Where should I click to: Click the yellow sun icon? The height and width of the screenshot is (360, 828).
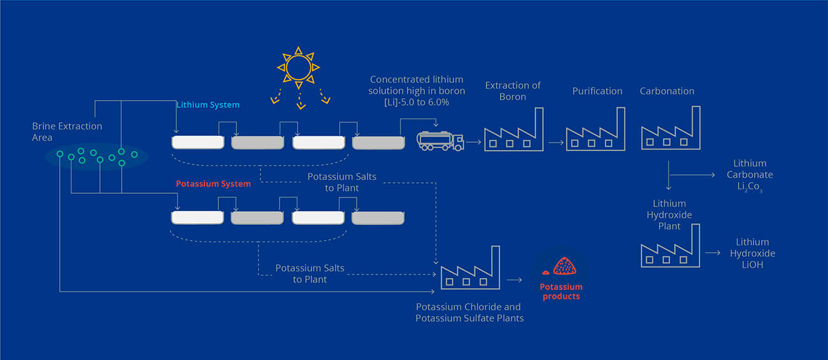point(297,66)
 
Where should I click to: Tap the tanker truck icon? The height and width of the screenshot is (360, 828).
point(440,140)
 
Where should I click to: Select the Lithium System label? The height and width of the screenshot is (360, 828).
point(208,104)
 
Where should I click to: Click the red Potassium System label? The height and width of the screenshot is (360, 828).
point(213,184)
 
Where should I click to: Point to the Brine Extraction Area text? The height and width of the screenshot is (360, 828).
point(67,132)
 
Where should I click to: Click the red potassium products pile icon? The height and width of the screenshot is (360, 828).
point(561,265)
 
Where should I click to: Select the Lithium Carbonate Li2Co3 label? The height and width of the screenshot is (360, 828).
point(750,175)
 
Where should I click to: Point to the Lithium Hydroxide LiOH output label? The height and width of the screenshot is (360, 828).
point(752,253)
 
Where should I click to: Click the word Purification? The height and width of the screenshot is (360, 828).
point(597,91)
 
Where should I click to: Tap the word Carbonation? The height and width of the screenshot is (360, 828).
point(667,91)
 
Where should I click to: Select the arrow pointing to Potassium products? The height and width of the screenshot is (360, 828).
point(514,279)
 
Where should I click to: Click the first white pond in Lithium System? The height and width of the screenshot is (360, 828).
point(198,142)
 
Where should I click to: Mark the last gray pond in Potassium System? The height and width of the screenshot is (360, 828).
point(378,218)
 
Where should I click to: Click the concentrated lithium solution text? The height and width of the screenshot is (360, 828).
point(417,91)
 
